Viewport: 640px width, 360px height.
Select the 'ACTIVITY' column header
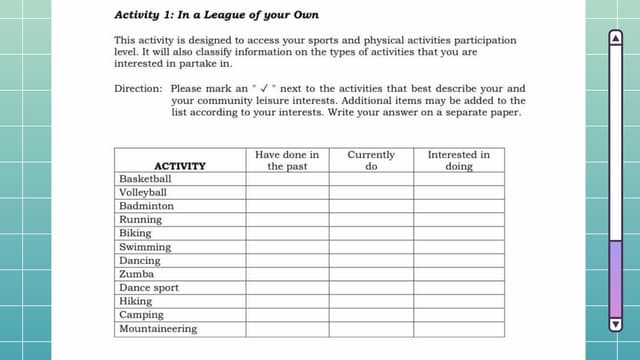click(180, 166)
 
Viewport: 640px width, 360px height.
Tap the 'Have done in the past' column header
click(287, 160)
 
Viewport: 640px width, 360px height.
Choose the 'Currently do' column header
click(370, 160)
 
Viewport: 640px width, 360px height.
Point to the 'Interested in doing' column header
click(458, 160)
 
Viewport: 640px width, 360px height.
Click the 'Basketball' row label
click(145, 179)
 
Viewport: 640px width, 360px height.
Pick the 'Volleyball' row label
click(143, 193)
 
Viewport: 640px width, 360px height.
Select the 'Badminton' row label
click(146, 206)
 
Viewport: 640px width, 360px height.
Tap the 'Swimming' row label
click(145, 247)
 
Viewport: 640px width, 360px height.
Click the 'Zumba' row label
click(136, 274)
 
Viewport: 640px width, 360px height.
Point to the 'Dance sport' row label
click(149, 288)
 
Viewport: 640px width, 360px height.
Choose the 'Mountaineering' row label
click(158, 329)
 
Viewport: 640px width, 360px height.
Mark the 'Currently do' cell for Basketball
click(370, 179)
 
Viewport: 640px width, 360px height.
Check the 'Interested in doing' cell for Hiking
click(458, 301)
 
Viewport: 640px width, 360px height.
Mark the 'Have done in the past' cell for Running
click(287, 220)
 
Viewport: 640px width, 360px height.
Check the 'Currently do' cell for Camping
click(370, 315)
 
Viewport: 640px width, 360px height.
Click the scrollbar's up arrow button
click(615, 37)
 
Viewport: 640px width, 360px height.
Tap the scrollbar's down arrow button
click(615, 323)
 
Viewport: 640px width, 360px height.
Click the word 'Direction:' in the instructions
click(138, 88)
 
